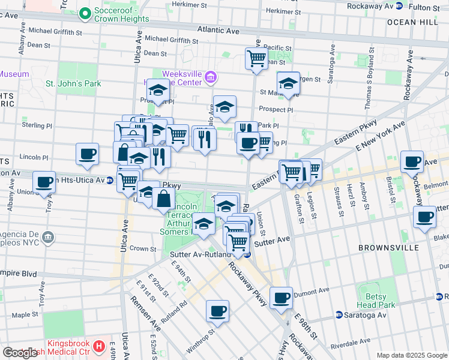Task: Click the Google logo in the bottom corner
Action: coord(20,353)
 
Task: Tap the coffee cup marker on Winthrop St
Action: coord(217,311)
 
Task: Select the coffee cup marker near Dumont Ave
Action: coord(280,298)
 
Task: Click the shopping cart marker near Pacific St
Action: coord(256,59)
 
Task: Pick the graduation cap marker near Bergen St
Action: coord(288,83)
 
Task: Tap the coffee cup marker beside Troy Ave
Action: coord(44,182)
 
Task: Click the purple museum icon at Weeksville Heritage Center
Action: coord(211,77)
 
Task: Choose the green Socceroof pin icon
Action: coord(85,12)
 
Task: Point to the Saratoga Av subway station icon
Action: coord(339,314)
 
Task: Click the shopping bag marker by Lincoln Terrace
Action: coord(163,199)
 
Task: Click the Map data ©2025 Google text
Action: coord(412,355)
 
